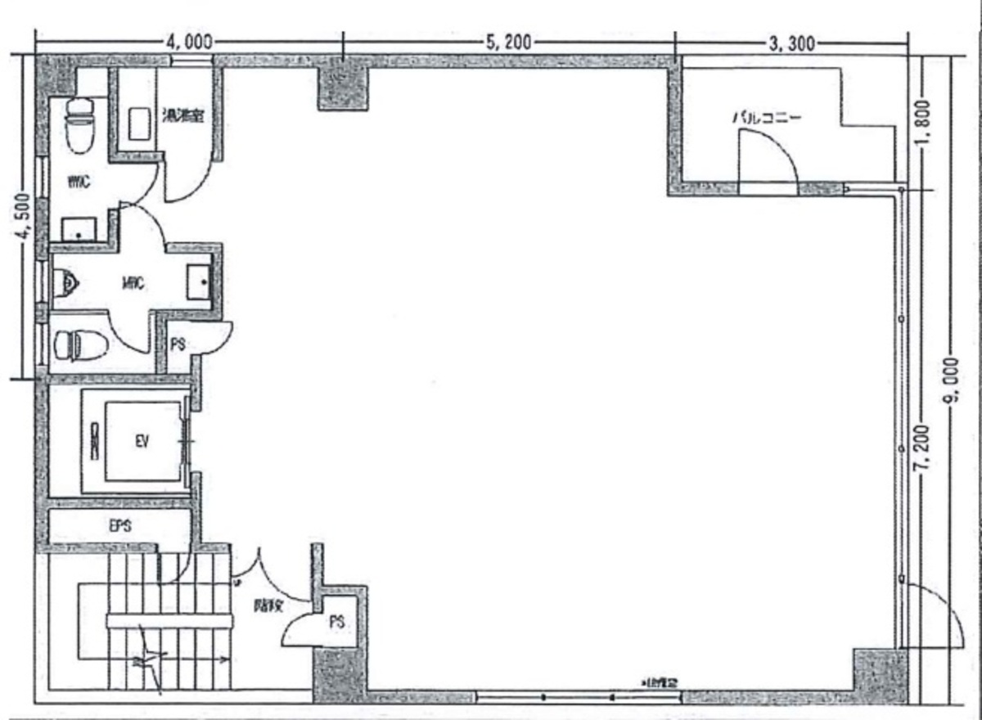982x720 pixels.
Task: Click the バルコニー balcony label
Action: click(767, 117)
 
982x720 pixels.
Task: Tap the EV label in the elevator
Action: click(142, 443)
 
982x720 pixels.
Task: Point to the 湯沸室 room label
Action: click(182, 115)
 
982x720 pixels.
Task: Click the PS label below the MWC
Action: click(178, 344)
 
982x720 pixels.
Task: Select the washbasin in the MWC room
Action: click(200, 283)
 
